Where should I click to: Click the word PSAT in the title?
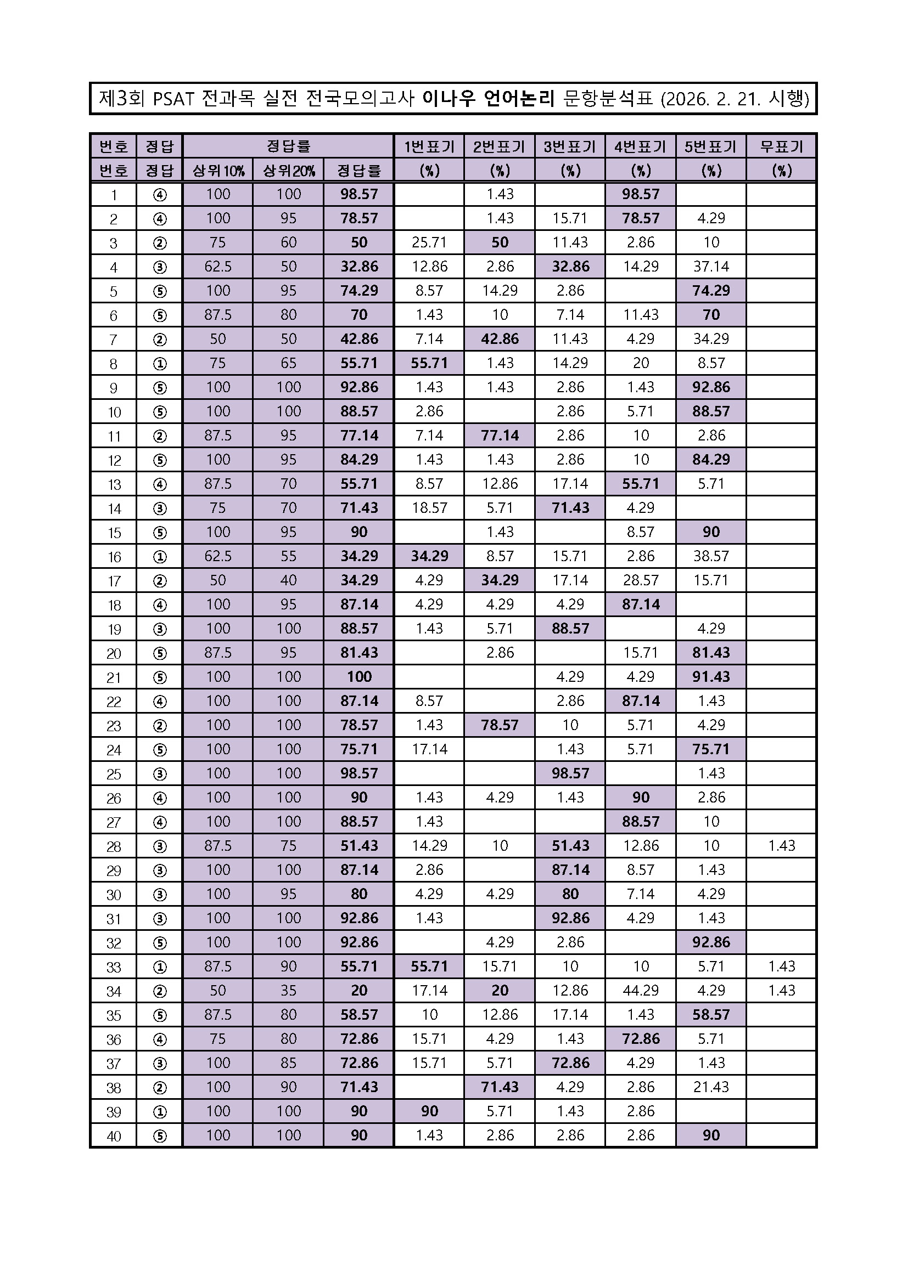click(x=173, y=99)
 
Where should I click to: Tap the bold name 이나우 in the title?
click(x=449, y=99)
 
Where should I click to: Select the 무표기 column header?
click(x=781, y=146)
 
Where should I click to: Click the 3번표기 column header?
click(x=570, y=146)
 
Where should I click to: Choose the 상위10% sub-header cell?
click(x=217, y=171)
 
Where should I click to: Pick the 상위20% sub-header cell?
click(x=288, y=171)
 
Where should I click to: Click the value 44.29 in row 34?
click(x=640, y=990)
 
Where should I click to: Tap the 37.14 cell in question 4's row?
click(x=710, y=267)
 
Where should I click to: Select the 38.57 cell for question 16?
click(x=710, y=556)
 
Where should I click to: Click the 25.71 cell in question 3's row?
click(x=429, y=242)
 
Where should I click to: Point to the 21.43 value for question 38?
click(x=710, y=1087)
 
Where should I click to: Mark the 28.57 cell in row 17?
click(x=640, y=580)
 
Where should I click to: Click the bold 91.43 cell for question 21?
click(x=710, y=677)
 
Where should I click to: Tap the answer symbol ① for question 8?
click(x=159, y=363)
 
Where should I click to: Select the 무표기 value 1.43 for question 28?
click(x=781, y=845)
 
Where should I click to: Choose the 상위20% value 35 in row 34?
click(x=288, y=990)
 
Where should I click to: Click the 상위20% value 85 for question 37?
click(x=288, y=1063)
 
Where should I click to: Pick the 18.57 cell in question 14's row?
click(x=429, y=508)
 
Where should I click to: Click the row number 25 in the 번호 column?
click(x=114, y=774)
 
